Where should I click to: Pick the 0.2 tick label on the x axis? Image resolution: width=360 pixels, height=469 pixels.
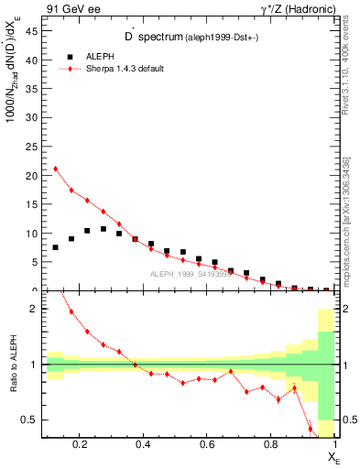point(82,446)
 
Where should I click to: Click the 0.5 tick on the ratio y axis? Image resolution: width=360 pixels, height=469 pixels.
point(29,420)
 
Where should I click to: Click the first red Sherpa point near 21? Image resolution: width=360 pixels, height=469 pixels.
point(56,169)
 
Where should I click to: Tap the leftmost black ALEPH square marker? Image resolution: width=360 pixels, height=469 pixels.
point(56,247)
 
